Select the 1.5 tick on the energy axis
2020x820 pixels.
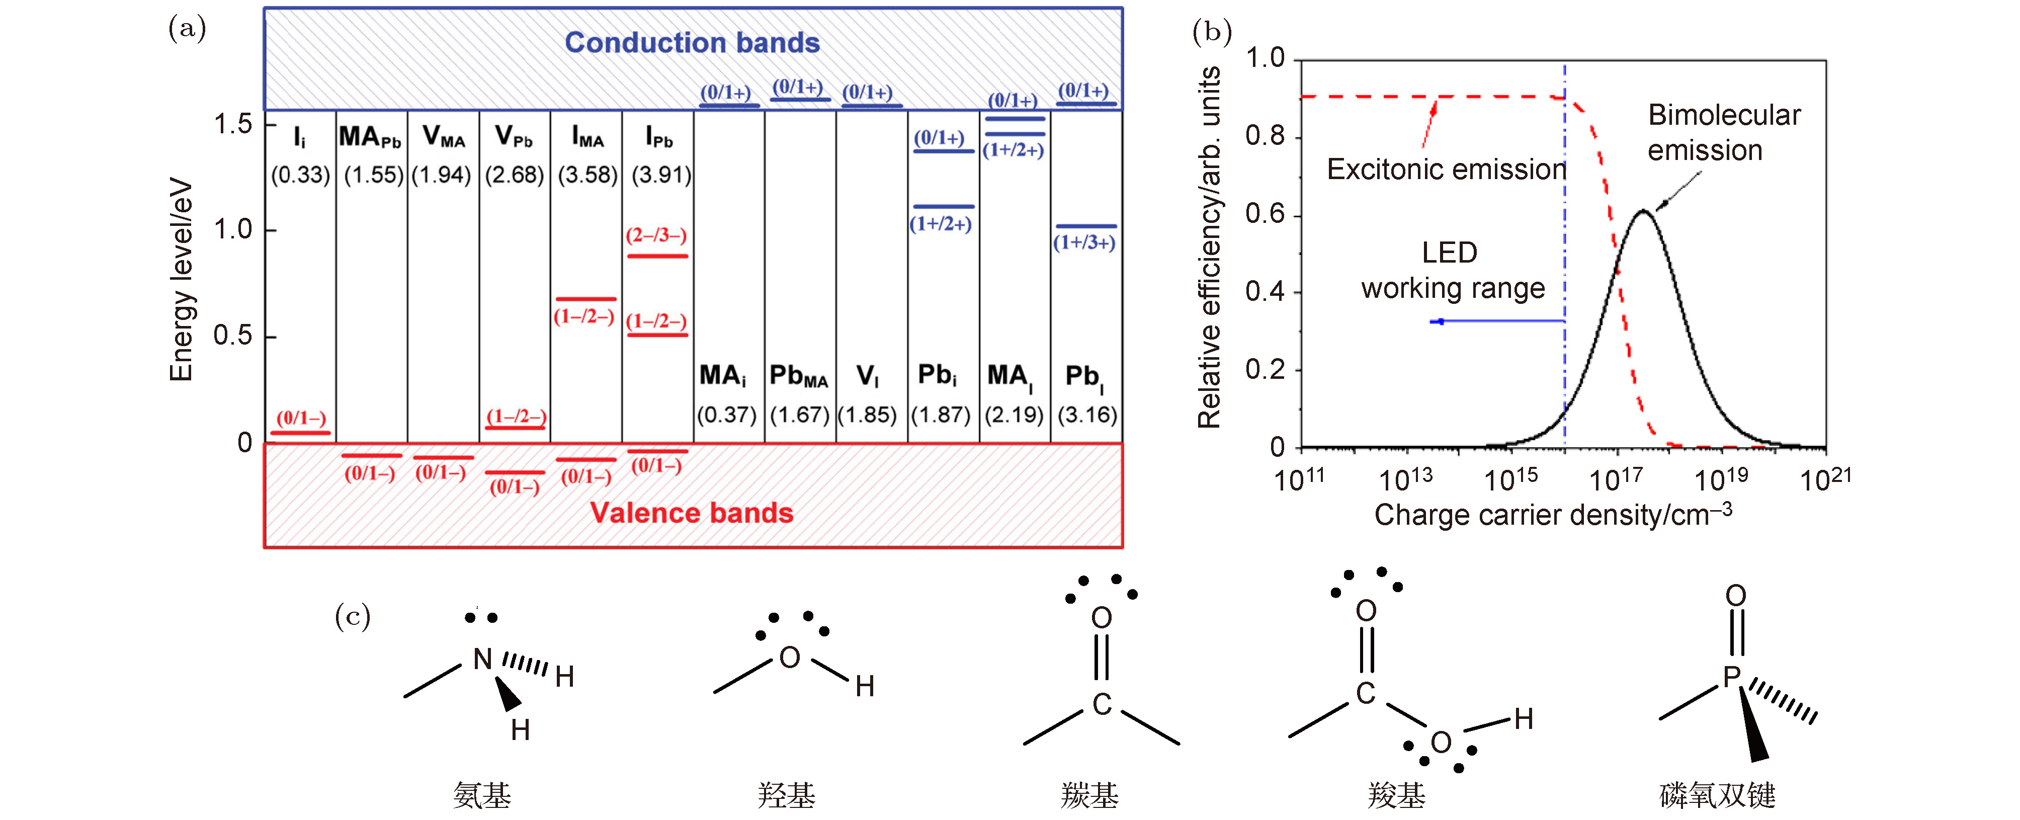coord(233,124)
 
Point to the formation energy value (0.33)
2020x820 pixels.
coord(300,175)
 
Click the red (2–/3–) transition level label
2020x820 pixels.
coord(656,235)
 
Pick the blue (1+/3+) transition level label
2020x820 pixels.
coord(1084,242)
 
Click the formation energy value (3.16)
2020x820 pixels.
coord(1087,415)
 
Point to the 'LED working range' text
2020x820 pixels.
coord(1452,271)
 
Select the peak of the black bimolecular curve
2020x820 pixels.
coord(1642,211)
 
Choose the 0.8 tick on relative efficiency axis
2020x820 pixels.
coord(1265,136)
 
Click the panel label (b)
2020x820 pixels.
coord(1212,31)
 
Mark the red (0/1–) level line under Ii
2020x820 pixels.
coord(300,433)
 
